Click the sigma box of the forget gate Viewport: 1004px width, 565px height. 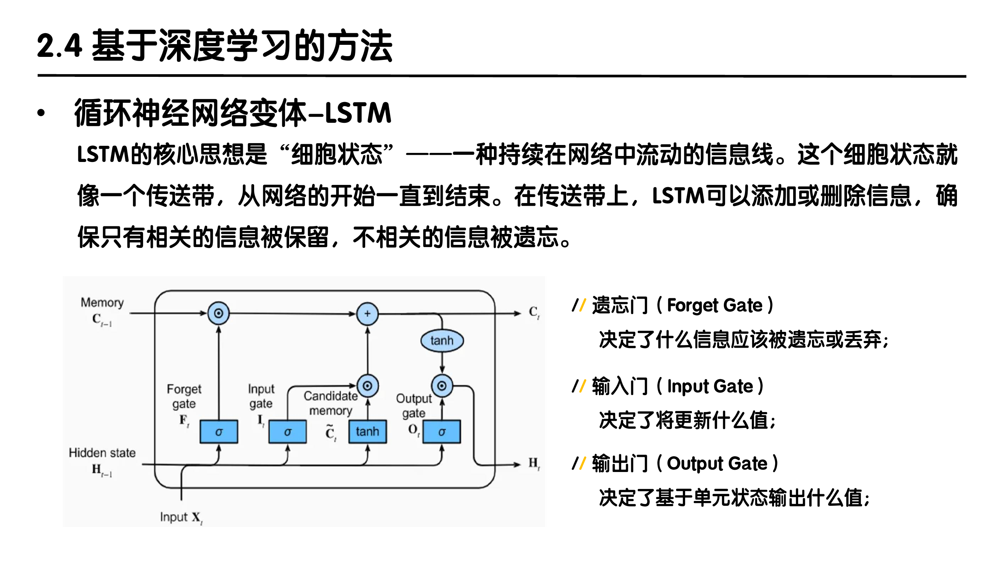coord(219,432)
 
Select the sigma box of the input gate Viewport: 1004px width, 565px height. coord(287,432)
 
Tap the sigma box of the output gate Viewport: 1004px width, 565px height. coord(442,432)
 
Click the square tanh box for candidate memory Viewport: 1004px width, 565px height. coord(367,432)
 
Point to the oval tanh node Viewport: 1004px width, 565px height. coord(442,341)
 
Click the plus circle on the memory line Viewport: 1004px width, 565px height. coord(367,314)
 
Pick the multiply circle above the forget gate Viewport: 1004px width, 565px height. coord(218,313)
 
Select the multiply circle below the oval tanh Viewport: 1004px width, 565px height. coord(442,386)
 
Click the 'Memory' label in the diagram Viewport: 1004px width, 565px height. coord(102,302)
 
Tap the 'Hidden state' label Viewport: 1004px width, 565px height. coord(102,453)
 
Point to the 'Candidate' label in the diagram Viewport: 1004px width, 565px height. coord(331,396)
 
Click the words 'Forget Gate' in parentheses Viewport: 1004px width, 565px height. coord(715,305)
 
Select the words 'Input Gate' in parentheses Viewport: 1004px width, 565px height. coord(710,386)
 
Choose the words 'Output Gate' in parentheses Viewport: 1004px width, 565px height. coord(717,464)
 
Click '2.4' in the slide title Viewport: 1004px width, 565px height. coord(59,46)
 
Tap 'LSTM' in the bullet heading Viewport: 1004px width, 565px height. coord(358,113)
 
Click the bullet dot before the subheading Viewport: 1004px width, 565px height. coord(41,113)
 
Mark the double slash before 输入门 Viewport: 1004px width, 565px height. coord(578,386)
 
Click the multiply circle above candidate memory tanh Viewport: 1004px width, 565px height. coord(367,386)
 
